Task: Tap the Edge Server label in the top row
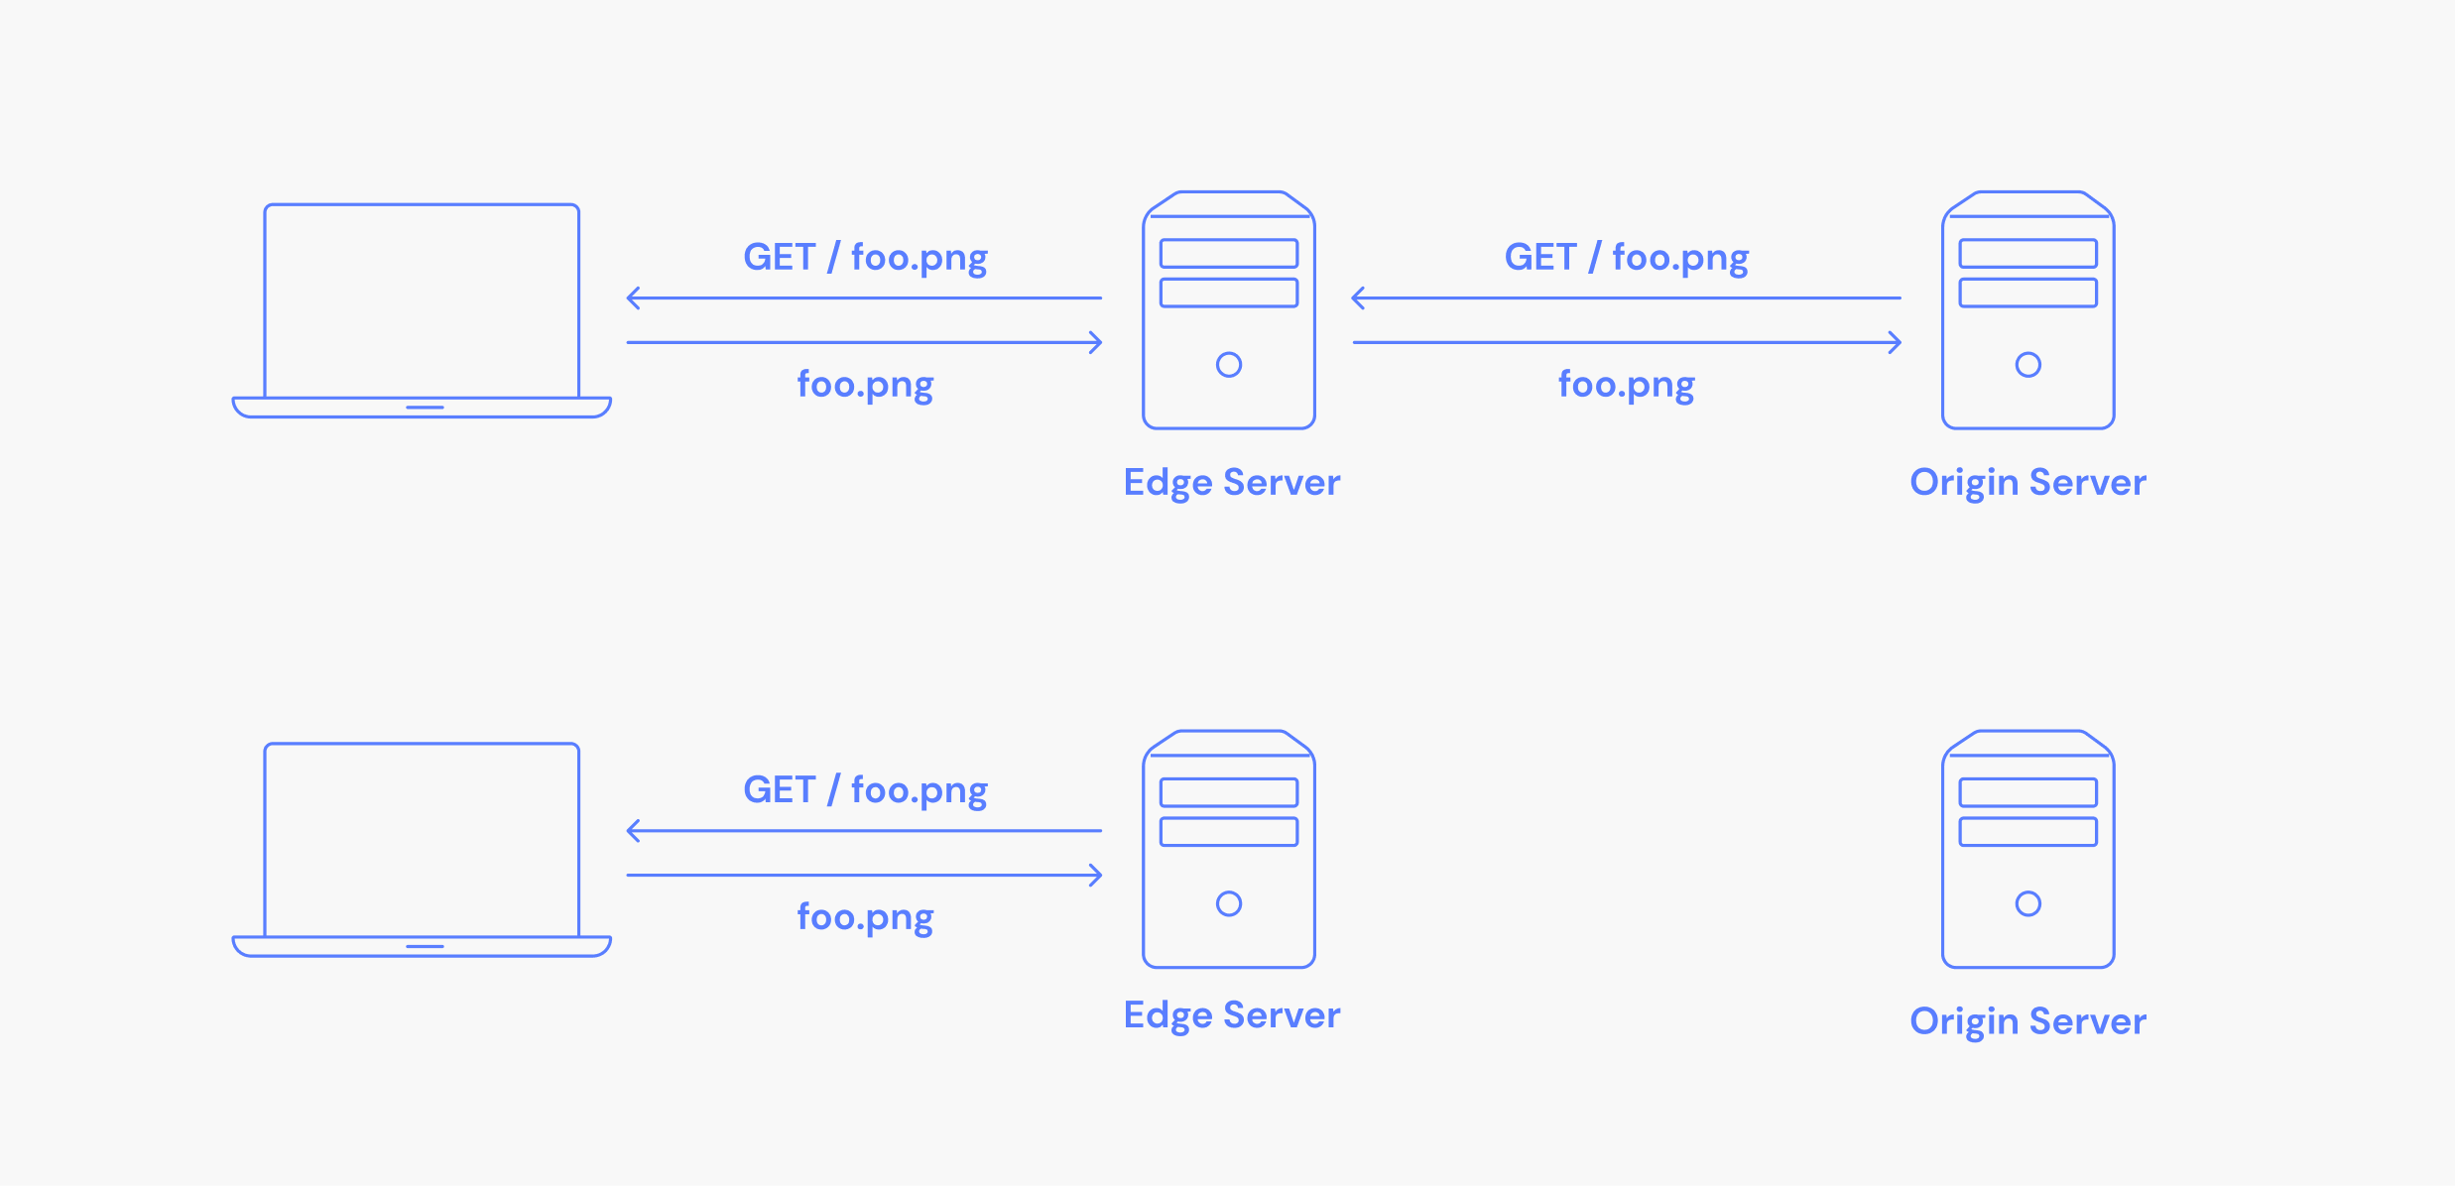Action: click(x=1231, y=483)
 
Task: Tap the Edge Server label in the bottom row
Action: click(x=1231, y=1015)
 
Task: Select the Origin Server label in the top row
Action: click(x=2027, y=483)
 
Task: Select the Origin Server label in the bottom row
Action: click(x=2027, y=1021)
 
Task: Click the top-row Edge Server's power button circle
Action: click(x=1229, y=353)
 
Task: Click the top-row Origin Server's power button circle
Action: click(x=2028, y=353)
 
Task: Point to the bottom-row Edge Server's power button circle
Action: click(x=1229, y=891)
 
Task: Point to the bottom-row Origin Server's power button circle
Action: click(x=2028, y=891)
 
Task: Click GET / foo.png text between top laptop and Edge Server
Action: click(x=865, y=258)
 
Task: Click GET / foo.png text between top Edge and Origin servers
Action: click(x=1627, y=258)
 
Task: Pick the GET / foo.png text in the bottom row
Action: click(x=865, y=790)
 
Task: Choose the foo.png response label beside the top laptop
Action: click(x=865, y=385)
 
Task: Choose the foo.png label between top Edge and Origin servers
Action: click(x=1627, y=385)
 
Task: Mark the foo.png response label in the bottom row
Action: click(x=865, y=917)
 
